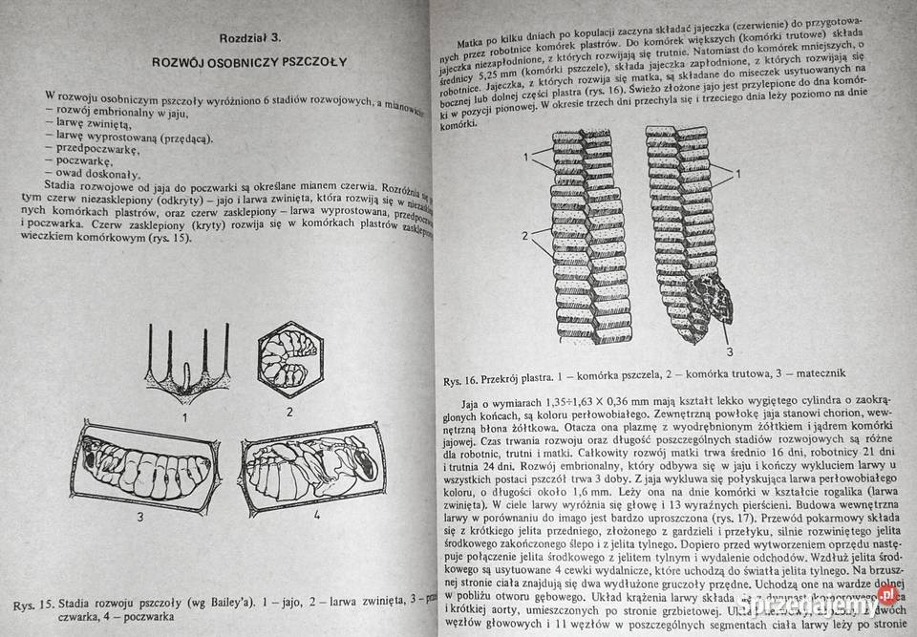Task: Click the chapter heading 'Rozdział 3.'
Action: click(x=249, y=38)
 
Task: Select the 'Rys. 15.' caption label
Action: click(x=33, y=605)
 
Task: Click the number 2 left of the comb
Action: click(x=524, y=235)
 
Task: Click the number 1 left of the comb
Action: click(x=524, y=156)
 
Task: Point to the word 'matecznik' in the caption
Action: click(x=813, y=372)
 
